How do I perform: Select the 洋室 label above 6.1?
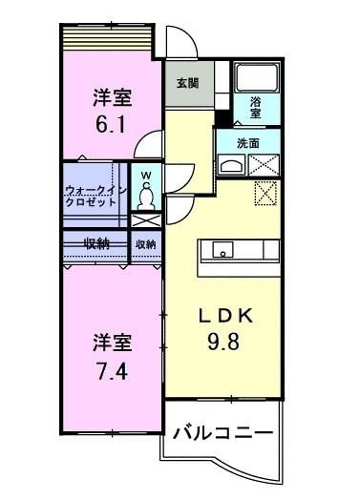tap(112, 96)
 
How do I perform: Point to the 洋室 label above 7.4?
tap(112, 341)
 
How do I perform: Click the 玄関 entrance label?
tap(187, 83)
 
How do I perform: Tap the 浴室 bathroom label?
tap(257, 106)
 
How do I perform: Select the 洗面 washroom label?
tap(247, 143)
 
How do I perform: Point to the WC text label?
tap(146, 177)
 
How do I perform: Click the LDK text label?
tap(224, 316)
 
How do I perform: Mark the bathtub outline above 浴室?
tap(254, 76)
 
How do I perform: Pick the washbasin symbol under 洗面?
tap(231, 165)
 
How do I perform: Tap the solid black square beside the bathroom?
tap(222, 119)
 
